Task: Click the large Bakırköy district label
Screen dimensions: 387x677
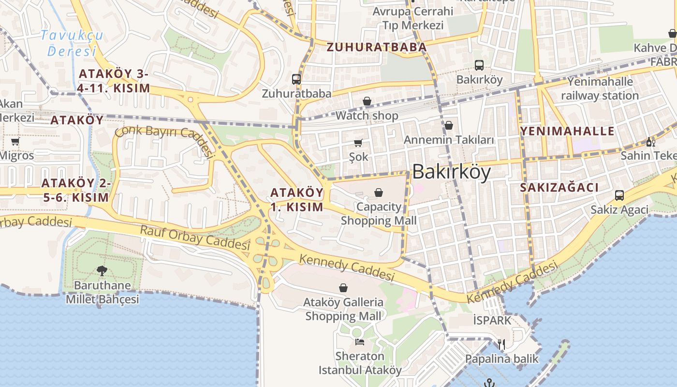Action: coord(451,172)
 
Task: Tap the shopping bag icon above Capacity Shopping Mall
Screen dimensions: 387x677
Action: coord(379,193)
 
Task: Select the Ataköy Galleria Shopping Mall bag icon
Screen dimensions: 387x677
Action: coord(343,288)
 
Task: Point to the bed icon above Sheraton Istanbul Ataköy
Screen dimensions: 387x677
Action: coord(360,342)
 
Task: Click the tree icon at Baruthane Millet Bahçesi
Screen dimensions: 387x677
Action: coord(102,271)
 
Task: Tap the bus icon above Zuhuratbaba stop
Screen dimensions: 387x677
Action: coord(296,79)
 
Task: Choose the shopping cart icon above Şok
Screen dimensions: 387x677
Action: coord(358,143)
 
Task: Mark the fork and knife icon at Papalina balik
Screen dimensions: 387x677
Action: coord(501,344)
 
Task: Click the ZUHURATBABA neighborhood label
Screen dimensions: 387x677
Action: coord(376,47)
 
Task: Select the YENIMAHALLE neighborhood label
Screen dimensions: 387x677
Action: coord(567,131)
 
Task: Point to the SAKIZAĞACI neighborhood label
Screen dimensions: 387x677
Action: coord(559,188)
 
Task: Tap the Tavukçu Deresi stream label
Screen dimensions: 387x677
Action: coord(72,43)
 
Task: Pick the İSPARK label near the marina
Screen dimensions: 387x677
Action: coord(492,320)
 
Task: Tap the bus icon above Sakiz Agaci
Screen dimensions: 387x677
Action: coord(619,195)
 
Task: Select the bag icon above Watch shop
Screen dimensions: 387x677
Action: coord(367,102)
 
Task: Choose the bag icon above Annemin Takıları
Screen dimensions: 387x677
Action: coord(449,126)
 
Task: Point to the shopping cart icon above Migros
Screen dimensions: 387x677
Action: coord(15,141)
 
